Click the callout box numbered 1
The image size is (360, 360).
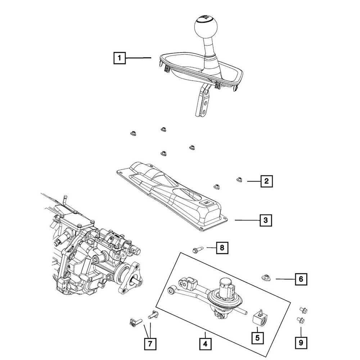(120, 58)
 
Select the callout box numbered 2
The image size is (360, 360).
(266, 181)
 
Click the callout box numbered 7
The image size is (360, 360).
(150, 344)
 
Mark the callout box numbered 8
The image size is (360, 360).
(222, 248)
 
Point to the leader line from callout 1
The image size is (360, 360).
(139, 58)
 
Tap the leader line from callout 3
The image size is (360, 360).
(247, 220)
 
